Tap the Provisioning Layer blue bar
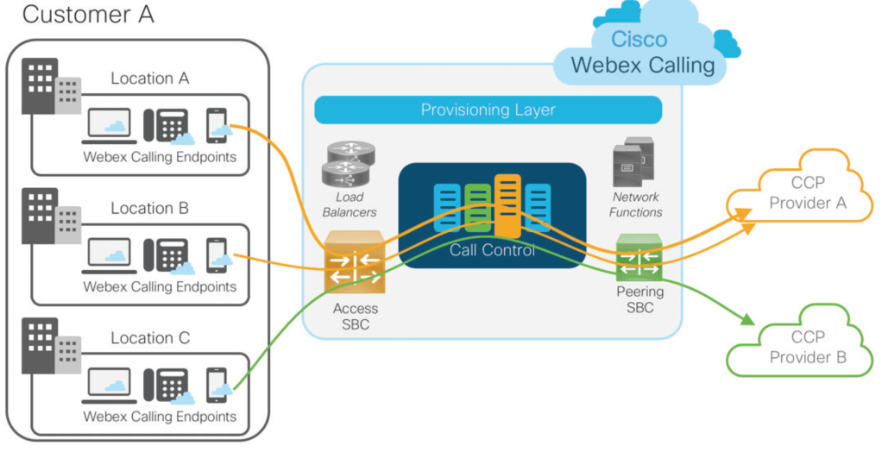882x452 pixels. pyautogui.click(x=488, y=110)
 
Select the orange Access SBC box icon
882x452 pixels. pyautogui.click(x=353, y=263)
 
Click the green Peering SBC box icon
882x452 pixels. pyautogui.click(x=639, y=258)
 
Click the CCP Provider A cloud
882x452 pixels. pyautogui.click(x=807, y=194)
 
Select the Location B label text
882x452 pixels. pyautogui.click(x=149, y=208)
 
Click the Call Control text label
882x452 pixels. pyautogui.click(x=492, y=250)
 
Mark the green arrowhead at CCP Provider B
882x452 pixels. pyautogui.click(x=745, y=322)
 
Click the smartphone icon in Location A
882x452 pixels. pyautogui.click(x=216, y=126)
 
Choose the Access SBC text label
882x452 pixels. pyautogui.click(x=355, y=317)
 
